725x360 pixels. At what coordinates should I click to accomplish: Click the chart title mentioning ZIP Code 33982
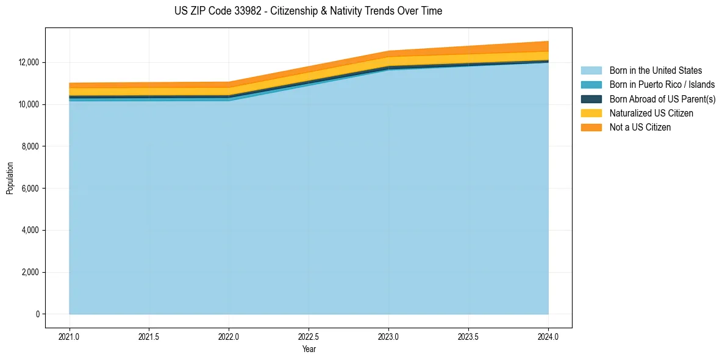pyautogui.click(x=308, y=11)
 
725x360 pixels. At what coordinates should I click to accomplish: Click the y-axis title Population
pyautogui.click(x=10, y=178)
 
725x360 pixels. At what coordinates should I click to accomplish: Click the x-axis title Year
pyautogui.click(x=309, y=349)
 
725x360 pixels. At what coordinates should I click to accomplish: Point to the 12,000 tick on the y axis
pyautogui.click(x=27, y=63)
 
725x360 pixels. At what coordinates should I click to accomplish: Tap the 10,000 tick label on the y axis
pyautogui.click(x=27, y=105)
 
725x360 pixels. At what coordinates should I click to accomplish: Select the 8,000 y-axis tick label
pyautogui.click(x=29, y=146)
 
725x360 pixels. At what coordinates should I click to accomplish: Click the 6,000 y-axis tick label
pyautogui.click(x=29, y=189)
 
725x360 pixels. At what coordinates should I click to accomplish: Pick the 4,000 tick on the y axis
pyautogui.click(x=29, y=231)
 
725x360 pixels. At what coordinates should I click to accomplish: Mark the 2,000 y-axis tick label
pyautogui.click(x=29, y=273)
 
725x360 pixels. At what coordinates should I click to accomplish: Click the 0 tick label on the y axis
pyautogui.click(x=38, y=314)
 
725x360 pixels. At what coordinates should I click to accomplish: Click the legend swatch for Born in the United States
pyautogui.click(x=591, y=71)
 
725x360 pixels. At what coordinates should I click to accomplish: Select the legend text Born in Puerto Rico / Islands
pyautogui.click(x=662, y=85)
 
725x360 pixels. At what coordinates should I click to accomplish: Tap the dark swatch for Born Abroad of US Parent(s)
pyautogui.click(x=591, y=99)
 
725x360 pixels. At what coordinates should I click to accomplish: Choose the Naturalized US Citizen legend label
pyautogui.click(x=651, y=113)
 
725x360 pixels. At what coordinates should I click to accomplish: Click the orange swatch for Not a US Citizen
pyautogui.click(x=591, y=128)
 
